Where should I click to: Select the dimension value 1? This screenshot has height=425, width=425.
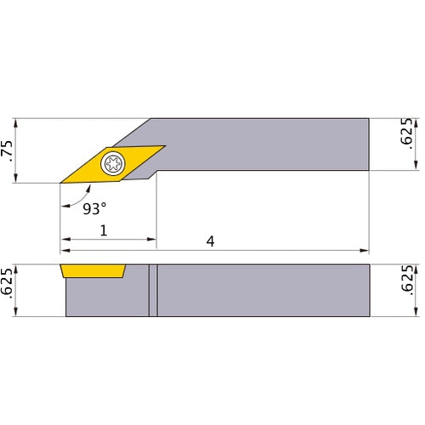tap(104, 230)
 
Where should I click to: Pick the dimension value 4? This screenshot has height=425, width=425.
tap(210, 242)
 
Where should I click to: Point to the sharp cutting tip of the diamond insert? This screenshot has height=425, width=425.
tap(61, 182)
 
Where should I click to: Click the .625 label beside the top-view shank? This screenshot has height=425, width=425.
tap(406, 134)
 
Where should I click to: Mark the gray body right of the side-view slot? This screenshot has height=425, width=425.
tap(263, 291)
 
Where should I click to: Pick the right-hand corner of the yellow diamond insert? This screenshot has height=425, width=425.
tap(164, 145)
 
